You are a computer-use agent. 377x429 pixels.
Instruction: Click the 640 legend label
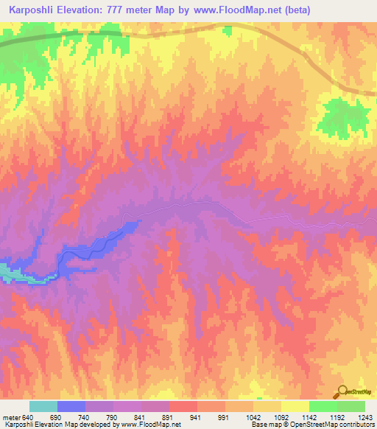pyautogui.click(x=29, y=418)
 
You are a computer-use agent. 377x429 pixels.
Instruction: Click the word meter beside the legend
pyautogui.click(x=11, y=418)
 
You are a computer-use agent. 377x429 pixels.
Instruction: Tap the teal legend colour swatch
pyautogui.click(x=43, y=406)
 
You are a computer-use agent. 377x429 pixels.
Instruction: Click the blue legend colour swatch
pyautogui.click(x=71, y=406)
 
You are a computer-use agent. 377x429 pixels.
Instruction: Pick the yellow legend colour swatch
pyautogui.click(x=295, y=406)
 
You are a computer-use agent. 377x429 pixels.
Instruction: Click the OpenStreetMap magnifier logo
pyautogui.click(x=343, y=391)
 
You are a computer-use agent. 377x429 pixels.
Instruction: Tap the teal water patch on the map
pyautogui.click(x=15, y=275)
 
